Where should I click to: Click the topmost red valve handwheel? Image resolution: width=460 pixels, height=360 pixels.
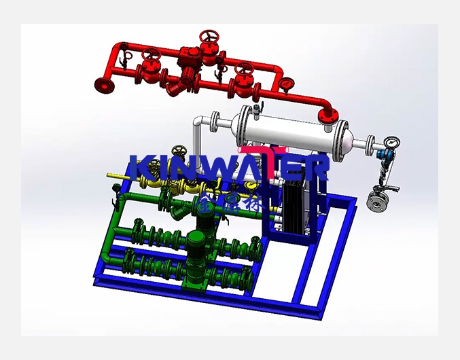coord(209,36)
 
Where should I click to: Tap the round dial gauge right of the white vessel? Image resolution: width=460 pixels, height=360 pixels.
coord(391,143)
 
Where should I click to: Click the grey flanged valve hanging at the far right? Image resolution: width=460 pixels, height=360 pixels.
coord(376,202)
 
